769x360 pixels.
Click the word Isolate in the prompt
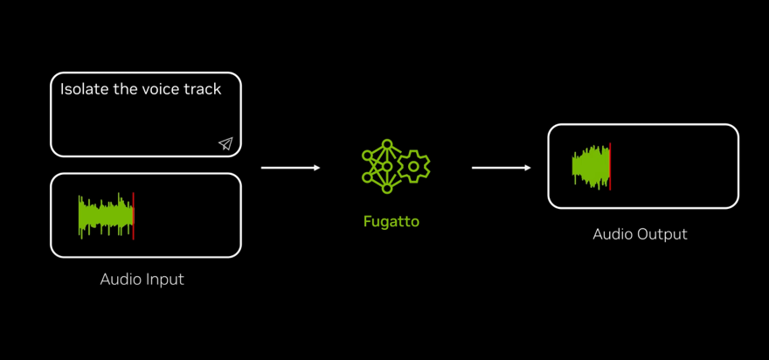point(84,89)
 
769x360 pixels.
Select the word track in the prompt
point(203,89)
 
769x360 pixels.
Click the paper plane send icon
point(225,143)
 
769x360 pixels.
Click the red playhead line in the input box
point(134,216)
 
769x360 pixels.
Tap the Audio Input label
point(142,280)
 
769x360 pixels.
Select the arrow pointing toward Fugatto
point(291,168)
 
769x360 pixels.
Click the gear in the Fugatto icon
point(413,166)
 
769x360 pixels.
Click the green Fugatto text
point(391,222)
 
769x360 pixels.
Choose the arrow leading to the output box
point(502,168)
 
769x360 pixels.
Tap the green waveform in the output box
point(590,167)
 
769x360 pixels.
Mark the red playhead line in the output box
point(610,167)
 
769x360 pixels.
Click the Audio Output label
point(641,234)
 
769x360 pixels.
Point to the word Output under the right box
point(663,234)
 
